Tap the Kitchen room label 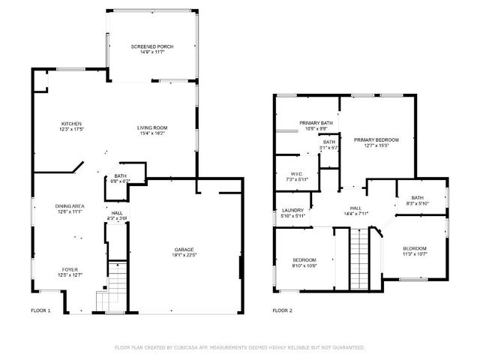click(71, 124)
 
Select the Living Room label click(151, 127)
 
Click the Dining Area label click(68, 205)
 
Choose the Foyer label click(70, 269)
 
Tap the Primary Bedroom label click(376, 139)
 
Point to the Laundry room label click(292, 210)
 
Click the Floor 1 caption click(40, 310)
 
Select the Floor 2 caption click(282, 310)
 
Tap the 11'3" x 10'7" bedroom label click(414, 248)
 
